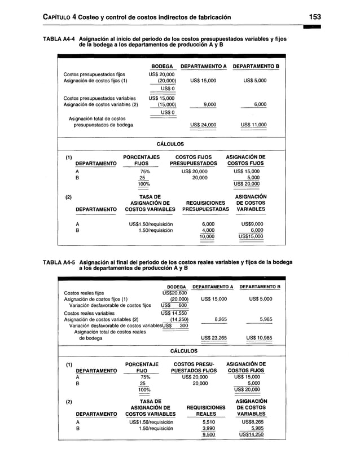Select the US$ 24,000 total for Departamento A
(x=203, y=125)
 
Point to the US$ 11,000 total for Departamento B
(x=253, y=125)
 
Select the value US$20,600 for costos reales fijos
(x=174, y=293)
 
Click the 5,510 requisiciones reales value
(x=208, y=421)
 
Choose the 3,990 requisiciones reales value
(x=208, y=428)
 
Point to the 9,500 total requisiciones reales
(x=208, y=435)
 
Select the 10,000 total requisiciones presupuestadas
(x=207, y=236)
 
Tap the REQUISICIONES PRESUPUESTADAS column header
(x=205, y=206)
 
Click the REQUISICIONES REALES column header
(x=205, y=411)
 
